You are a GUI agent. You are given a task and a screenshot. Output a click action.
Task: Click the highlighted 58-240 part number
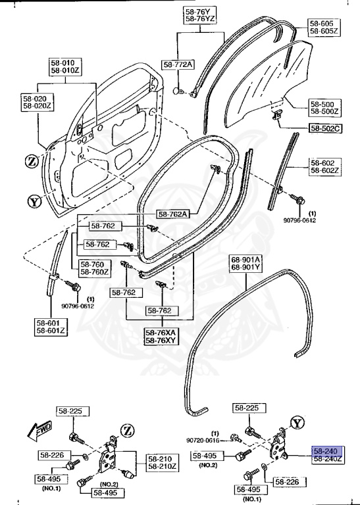tap(325, 452)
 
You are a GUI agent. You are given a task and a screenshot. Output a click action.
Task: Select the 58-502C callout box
tap(324, 128)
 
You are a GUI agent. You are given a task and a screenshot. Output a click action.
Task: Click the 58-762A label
tap(173, 214)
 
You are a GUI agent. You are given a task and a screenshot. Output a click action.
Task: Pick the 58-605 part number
tap(322, 23)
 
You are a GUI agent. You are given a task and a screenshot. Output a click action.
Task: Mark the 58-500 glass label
tap(322, 105)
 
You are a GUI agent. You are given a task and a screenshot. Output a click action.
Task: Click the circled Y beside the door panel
tap(35, 201)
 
